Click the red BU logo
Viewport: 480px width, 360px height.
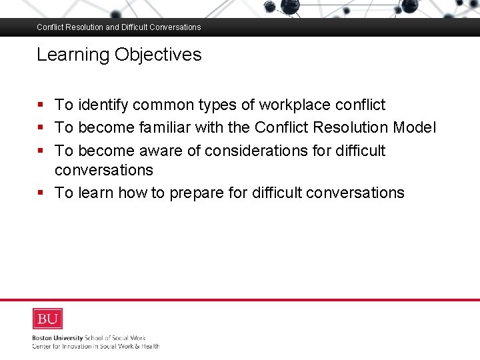pyautogui.click(x=47, y=319)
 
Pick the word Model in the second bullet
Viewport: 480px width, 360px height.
pyautogui.click(x=415, y=127)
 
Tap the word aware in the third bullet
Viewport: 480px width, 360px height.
pyautogui.click(x=161, y=151)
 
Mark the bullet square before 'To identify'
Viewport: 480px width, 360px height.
pyautogui.click(x=41, y=105)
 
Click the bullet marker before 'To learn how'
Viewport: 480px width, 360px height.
pyautogui.click(x=41, y=193)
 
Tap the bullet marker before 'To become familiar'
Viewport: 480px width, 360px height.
pyautogui.click(x=41, y=127)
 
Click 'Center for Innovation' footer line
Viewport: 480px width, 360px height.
pyautogui.click(x=95, y=346)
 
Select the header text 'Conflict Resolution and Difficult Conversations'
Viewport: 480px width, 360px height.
pyautogui.click(x=119, y=27)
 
